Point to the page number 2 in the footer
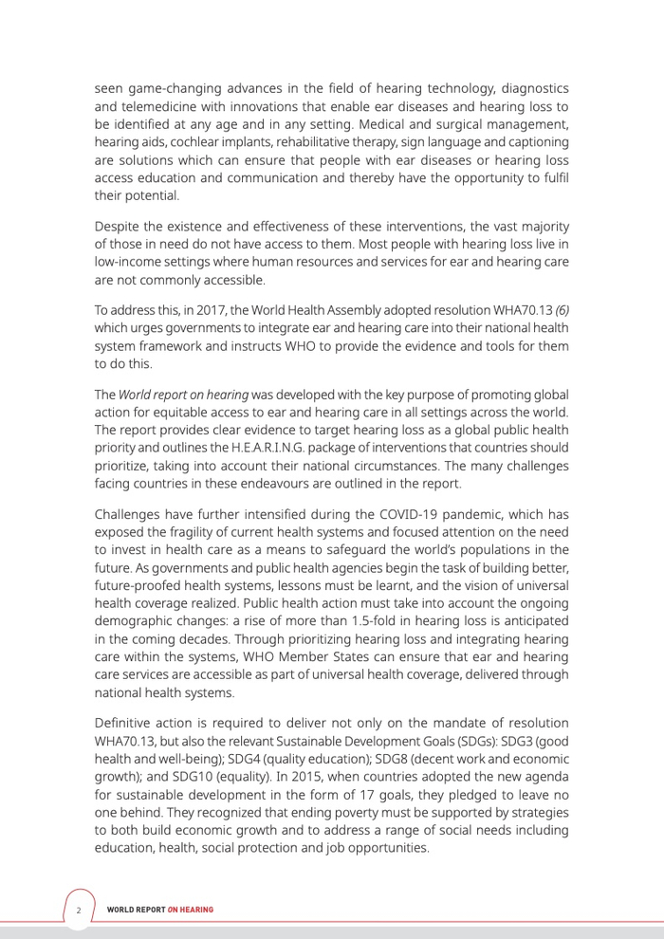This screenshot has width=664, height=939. pos(80,911)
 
